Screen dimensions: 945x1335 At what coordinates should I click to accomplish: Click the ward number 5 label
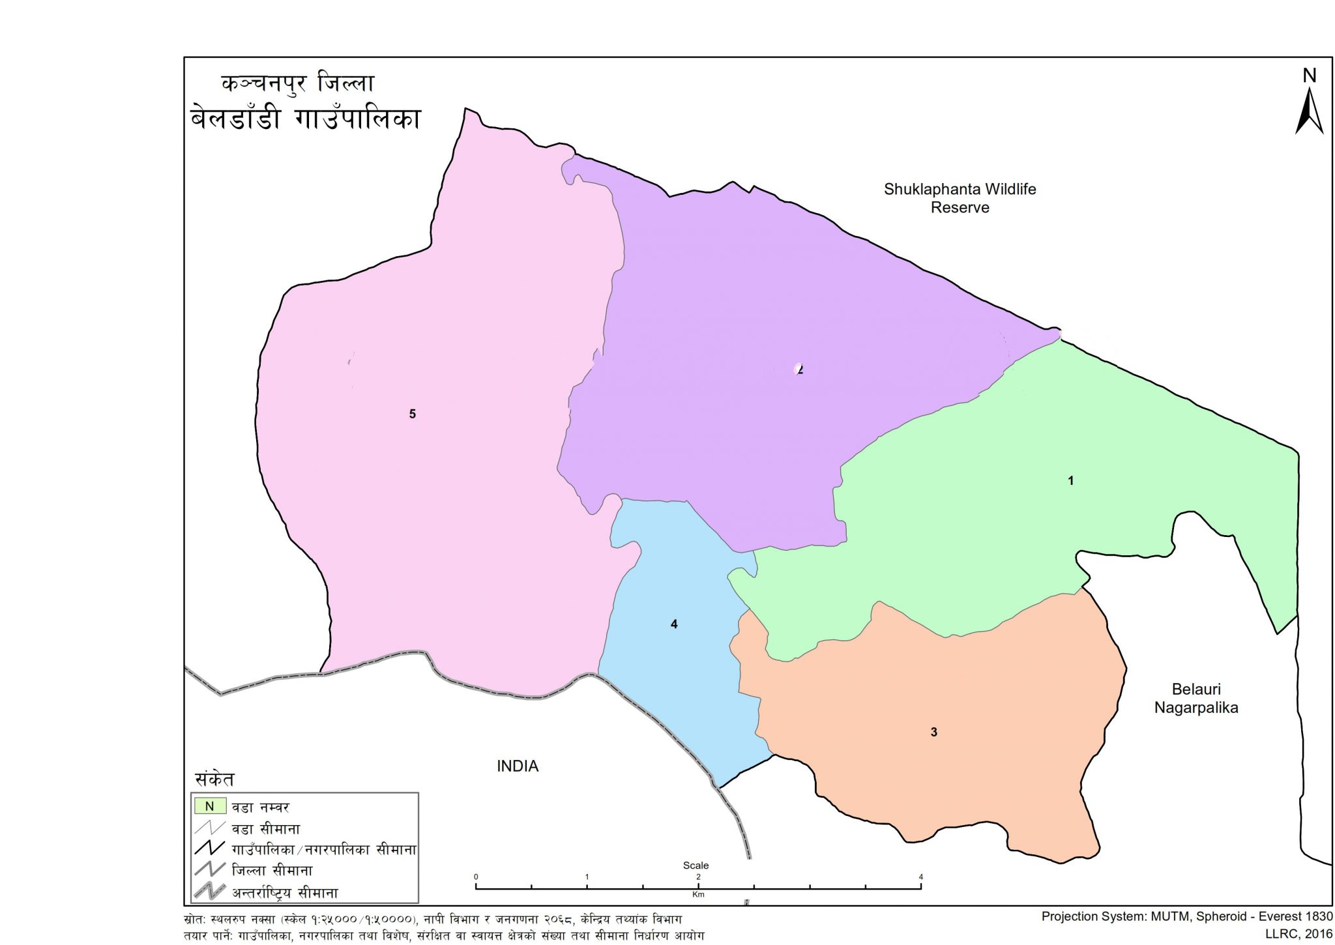(x=412, y=414)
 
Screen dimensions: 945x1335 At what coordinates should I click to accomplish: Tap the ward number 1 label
(x=1070, y=481)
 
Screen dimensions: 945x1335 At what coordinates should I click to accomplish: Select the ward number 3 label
(x=933, y=732)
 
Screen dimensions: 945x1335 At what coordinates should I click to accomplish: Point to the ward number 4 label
(x=674, y=624)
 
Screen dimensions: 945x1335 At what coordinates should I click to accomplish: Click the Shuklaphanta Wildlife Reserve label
(x=960, y=198)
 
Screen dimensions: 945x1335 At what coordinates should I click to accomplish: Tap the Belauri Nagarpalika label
(x=1196, y=698)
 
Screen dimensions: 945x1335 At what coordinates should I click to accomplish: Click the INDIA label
(x=518, y=766)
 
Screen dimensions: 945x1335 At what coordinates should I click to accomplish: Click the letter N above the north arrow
(x=1309, y=76)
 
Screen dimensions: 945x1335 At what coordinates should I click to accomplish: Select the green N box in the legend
(x=209, y=806)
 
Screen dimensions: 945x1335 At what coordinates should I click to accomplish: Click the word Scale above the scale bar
(x=696, y=865)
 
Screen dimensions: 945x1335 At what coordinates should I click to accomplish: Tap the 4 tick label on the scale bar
(x=920, y=877)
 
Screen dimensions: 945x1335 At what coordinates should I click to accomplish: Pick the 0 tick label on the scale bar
(x=476, y=877)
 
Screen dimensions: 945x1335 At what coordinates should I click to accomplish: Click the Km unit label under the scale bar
(x=698, y=895)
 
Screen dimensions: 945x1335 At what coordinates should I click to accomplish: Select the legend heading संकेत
(x=214, y=779)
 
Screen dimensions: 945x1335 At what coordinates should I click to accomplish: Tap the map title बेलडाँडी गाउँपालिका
(x=305, y=119)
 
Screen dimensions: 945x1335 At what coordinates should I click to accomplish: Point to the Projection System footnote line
(x=1186, y=916)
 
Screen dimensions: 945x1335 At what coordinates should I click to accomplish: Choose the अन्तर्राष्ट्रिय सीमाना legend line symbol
(x=209, y=891)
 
